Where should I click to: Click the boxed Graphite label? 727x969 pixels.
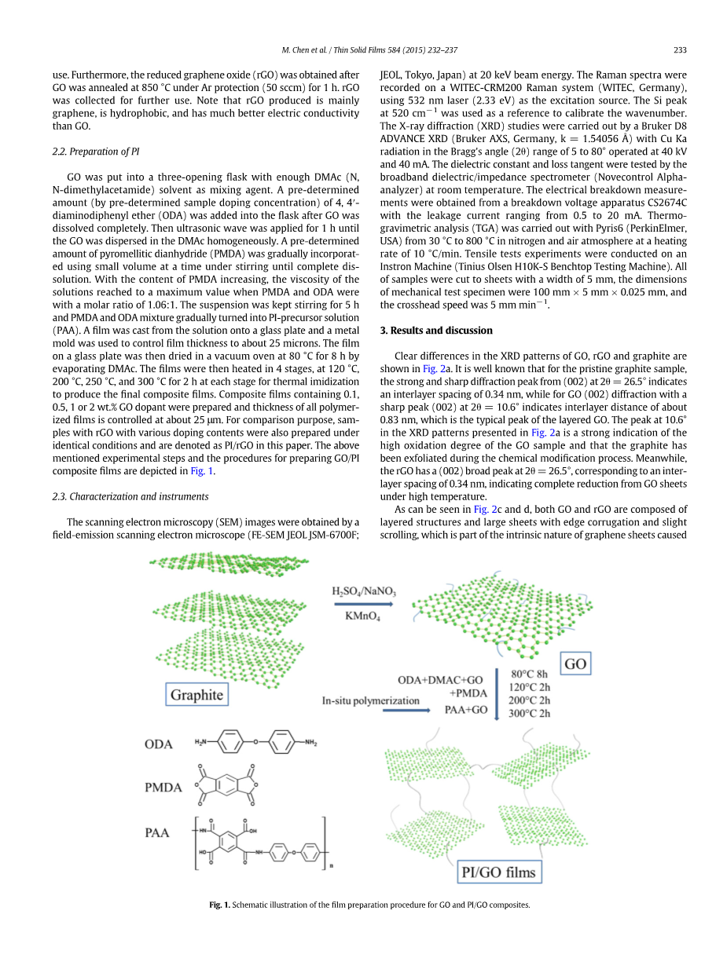click(x=196, y=695)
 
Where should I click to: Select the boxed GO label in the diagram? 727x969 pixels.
click(x=575, y=664)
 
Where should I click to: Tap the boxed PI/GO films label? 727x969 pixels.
click(x=498, y=872)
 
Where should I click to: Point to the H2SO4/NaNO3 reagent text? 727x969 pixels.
click(x=363, y=591)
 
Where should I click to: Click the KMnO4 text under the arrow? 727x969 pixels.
click(x=362, y=616)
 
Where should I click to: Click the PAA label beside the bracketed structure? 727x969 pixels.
click(x=157, y=832)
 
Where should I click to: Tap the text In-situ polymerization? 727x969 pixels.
click(x=370, y=700)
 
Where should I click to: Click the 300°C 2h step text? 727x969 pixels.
click(x=531, y=713)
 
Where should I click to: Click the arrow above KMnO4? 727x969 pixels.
click(x=363, y=604)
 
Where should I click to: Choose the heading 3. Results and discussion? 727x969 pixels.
click(x=436, y=331)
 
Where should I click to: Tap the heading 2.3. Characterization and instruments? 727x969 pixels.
click(x=130, y=496)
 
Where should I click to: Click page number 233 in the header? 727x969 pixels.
click(x=680, y=50)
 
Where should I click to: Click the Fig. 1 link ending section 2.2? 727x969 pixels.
click(x=202, y=470)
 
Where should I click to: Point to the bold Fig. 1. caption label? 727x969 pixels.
click(x=219, y=905)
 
